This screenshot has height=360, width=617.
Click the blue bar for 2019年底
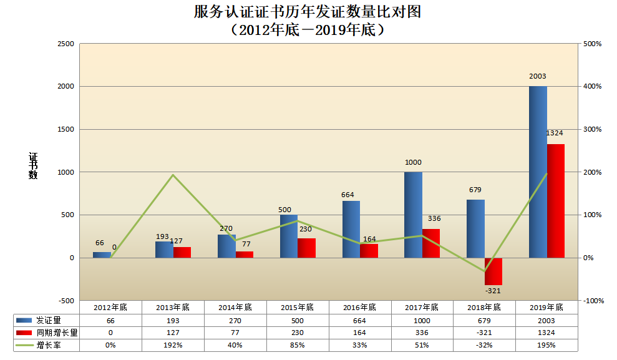538,172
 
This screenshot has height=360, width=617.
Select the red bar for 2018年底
493,271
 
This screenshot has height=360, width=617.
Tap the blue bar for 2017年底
413,215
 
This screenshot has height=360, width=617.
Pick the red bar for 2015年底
306,248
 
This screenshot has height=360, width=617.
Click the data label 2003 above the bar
537,77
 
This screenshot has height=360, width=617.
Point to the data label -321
493,291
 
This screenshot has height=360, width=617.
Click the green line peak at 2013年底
173,175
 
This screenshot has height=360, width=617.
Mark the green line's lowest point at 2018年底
484,271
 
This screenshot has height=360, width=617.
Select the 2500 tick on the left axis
66,44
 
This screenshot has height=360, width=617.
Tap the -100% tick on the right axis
592,301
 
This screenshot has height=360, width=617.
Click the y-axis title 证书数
33,166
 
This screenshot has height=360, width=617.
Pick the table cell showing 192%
173,345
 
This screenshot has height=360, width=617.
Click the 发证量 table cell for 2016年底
360,320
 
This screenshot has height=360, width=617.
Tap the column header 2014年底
235,307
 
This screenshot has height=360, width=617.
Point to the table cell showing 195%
547,345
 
